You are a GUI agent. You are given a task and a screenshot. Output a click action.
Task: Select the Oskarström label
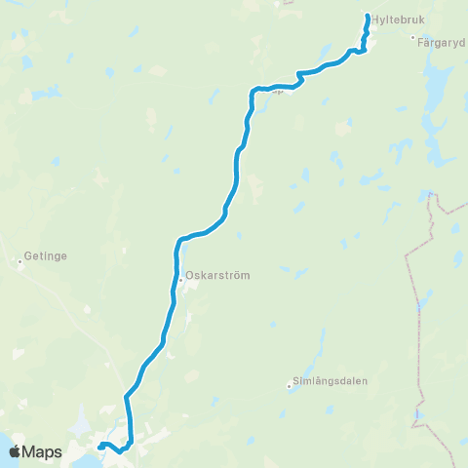tap(217, 275)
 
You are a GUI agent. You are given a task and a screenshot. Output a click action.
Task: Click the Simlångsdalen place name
tap(330, 381)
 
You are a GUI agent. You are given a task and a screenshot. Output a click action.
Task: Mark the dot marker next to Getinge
tap(19, 261)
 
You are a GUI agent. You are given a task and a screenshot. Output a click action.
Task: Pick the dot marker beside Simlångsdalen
tap(289, 385)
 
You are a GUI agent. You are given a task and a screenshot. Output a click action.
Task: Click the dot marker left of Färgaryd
tap(413, 38)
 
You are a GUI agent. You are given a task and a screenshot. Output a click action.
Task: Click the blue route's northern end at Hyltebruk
tap(367, 16)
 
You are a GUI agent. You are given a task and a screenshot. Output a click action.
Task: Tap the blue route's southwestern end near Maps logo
tap(99, 447)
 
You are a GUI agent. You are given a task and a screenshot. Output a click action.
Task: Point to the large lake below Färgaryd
tap(436, 83)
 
